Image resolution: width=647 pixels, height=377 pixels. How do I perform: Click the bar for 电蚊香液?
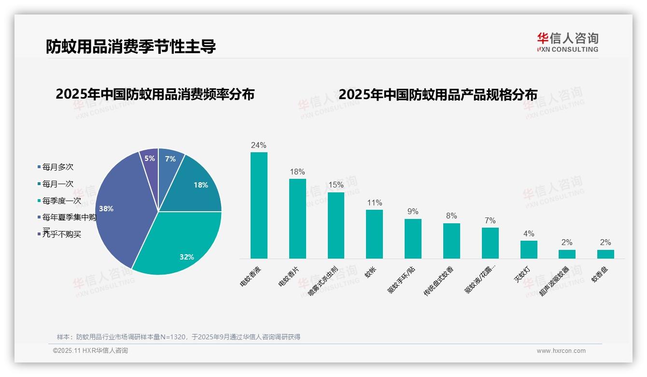click(259, 205)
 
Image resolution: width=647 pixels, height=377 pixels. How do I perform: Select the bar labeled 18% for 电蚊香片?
click(297, 218)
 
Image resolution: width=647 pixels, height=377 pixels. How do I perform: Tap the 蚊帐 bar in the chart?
click(374, 234)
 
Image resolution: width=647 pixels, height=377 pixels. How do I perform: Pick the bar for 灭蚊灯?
click(529, 249)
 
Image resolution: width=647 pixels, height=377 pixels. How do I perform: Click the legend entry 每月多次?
click(57, 167)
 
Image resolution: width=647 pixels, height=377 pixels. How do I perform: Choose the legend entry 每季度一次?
click(61, 201)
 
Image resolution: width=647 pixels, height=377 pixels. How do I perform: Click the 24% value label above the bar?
click(259, 145)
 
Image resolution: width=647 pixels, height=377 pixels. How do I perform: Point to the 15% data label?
click(336, 185)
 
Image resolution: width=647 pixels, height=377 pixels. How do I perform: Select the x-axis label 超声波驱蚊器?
click(554, 281)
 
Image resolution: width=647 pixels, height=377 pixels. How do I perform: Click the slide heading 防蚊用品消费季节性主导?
click(131, 46)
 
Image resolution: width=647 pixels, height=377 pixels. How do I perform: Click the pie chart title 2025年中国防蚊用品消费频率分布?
click(155, 94)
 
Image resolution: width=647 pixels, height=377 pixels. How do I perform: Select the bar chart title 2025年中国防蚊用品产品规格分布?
click(438, 94)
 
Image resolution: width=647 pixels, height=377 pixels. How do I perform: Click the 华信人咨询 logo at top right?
click(567, 42)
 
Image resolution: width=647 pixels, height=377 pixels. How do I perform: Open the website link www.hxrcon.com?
click(561, 351)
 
